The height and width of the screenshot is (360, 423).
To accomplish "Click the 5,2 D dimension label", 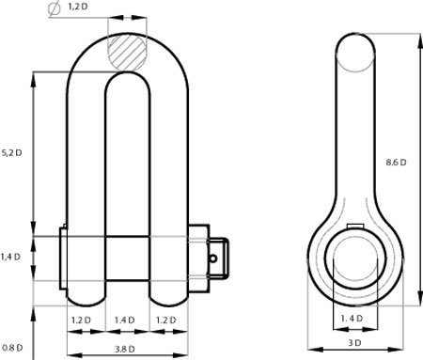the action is point(12,153).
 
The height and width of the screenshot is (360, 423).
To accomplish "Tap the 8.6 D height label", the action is point(396,162).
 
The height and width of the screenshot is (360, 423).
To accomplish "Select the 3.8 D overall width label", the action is point(125,349).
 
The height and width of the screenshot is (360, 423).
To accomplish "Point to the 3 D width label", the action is point(354,343).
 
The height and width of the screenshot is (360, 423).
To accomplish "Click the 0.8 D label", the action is point(12,348).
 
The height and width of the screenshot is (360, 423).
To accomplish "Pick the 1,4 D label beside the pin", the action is point(10,257).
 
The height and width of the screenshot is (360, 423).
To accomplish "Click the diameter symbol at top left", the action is point(55,8).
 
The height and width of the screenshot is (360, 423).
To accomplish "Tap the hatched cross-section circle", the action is point(127,52).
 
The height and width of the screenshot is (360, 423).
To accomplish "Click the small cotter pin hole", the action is point(213,258).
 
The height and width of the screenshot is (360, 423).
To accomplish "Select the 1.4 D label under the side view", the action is point(352,319).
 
